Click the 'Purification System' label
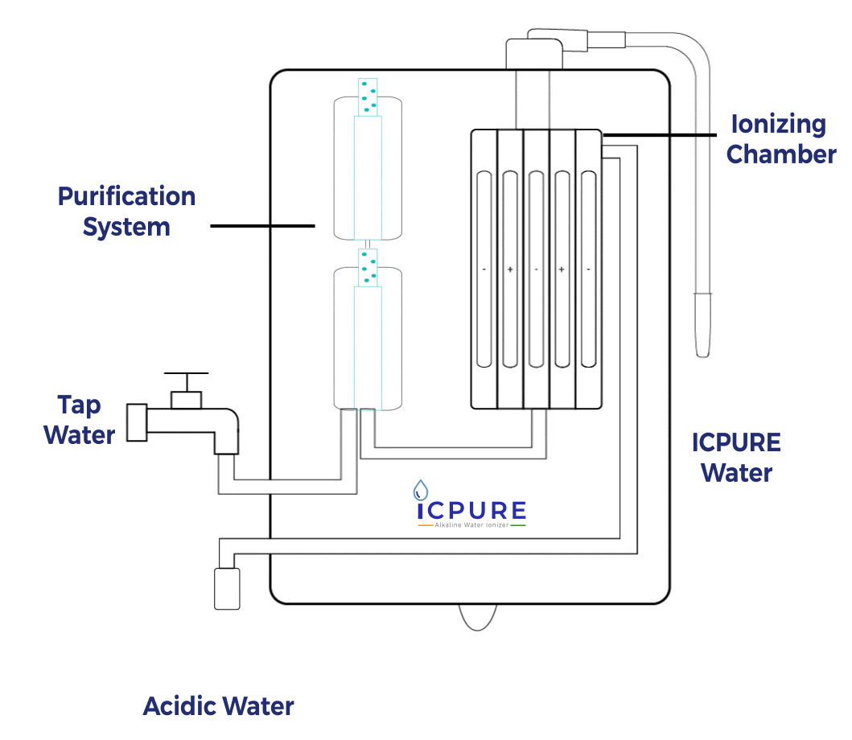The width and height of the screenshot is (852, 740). (x=126, y=212)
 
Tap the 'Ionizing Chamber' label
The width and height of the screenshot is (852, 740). (x=780, y=139)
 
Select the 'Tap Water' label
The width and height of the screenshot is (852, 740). (x=79, y=420)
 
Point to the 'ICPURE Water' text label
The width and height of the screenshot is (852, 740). (x=736, y=457)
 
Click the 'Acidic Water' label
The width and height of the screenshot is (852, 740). (x=218, y=706)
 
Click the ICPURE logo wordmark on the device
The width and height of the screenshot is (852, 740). (x=471, y=511)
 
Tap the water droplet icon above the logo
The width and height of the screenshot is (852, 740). (x=420, y=488)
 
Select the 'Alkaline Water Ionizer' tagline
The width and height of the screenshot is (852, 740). (x=471, y=525)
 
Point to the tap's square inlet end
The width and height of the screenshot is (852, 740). (x=138, y=423)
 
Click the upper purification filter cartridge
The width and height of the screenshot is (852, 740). (x=368, y=169)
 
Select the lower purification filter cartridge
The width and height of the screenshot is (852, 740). (x=368, y=338)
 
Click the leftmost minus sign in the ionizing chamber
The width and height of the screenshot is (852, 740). (x=484, y=269)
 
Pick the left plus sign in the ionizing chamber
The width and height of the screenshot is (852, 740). (x=510, y=269)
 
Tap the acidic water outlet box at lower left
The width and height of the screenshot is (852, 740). (x=227, y=588)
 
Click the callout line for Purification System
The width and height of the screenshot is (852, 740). (x=262, y=226)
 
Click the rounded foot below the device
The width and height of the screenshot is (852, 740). (x=480, y=618)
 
